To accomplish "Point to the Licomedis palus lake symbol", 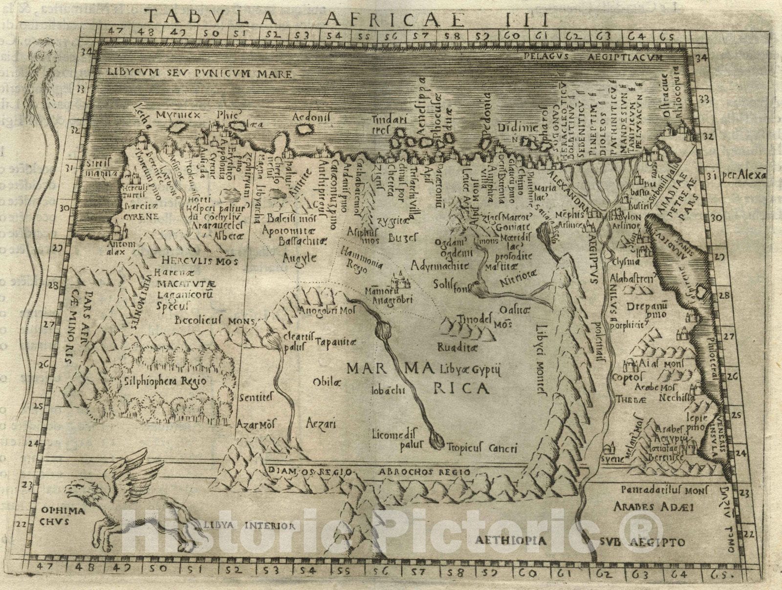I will (x=436, y=441).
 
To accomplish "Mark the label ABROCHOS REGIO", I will (x=424, y=472).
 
